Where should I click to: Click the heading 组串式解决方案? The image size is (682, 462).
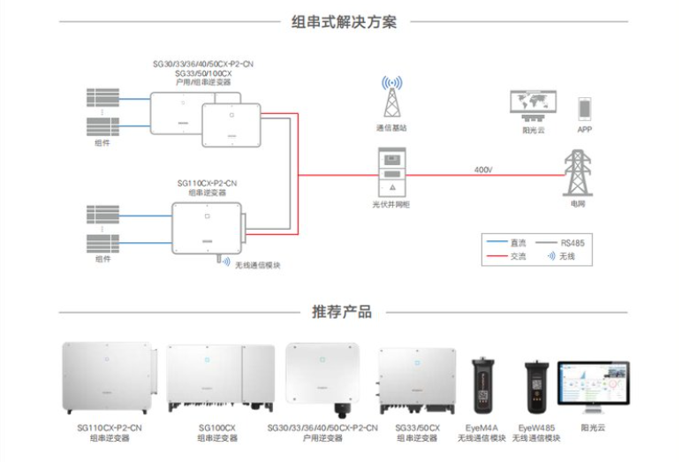click(x=344, y=22)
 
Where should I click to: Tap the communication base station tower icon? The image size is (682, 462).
click(x=391, y=97)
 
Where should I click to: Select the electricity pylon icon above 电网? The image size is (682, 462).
click(x=577, y=172)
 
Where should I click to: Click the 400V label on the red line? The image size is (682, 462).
click(x=483, y=169)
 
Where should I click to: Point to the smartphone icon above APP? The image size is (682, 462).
click(x=584, y=109)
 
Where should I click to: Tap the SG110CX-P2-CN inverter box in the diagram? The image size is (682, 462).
click(x=206, y=227)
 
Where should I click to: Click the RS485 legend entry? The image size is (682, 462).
click(x=572, y=241)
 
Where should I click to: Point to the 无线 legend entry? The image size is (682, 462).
click(x=566, y=256)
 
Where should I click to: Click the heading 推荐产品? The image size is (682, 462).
click(x=342, y=312)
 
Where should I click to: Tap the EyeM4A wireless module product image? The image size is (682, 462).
click(x=484, y=385)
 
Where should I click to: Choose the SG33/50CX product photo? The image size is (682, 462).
click(x=414, y=381)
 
